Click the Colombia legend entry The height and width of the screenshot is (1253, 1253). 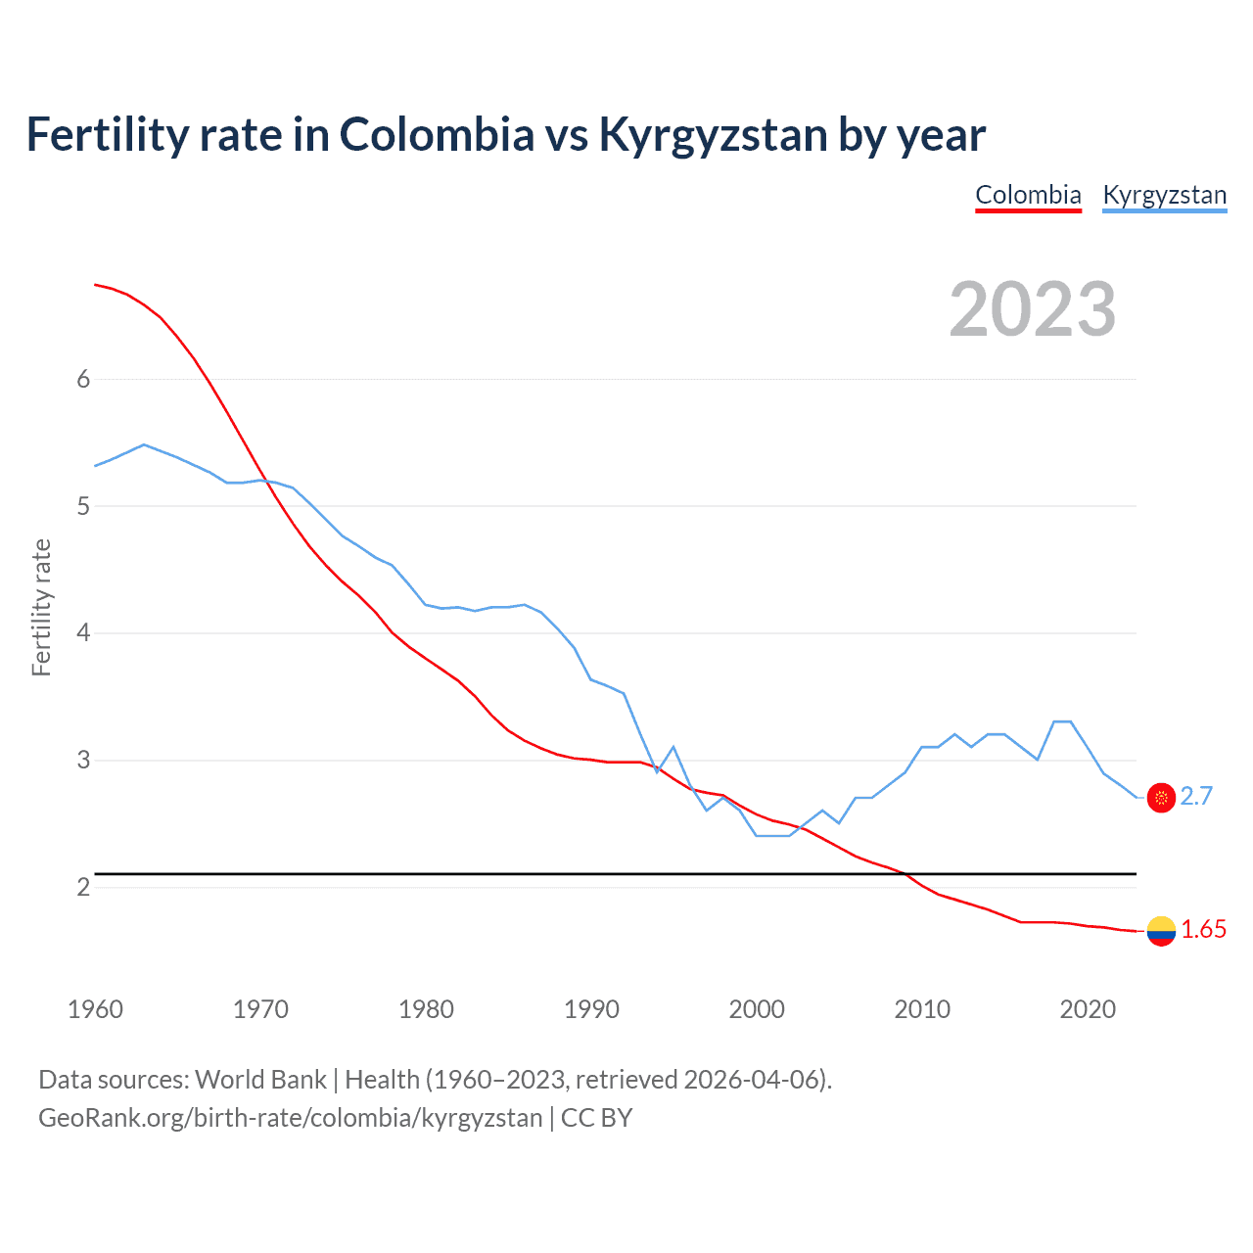[1028, 195]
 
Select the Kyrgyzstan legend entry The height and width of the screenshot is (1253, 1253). [1164, 195]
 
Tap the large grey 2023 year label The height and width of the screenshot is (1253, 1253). [1033, 309]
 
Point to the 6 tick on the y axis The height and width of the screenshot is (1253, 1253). [83, 380]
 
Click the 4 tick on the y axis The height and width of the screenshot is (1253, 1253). [83, 633]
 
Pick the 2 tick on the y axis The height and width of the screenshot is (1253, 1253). [83, 887]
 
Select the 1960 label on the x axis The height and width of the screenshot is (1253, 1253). [95, 1009]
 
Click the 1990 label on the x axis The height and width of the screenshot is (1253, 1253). [591, 1009]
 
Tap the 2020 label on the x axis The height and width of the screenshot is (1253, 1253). [1088, 1009]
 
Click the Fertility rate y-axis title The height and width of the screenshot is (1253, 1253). [41, 607]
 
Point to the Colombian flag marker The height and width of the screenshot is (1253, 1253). [1161, 931]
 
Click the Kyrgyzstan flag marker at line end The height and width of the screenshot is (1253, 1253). [1161, 798]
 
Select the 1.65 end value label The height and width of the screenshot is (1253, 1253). [1203, 930]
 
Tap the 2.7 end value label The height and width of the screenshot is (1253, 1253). [1196, 797]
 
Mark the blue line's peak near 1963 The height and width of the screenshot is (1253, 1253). [144, 444]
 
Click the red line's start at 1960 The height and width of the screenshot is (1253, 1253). [95, 285]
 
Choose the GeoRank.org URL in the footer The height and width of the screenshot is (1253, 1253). [290, 1118]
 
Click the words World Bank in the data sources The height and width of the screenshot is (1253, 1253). [260, 1080]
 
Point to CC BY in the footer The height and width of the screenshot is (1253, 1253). [597, 1118]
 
